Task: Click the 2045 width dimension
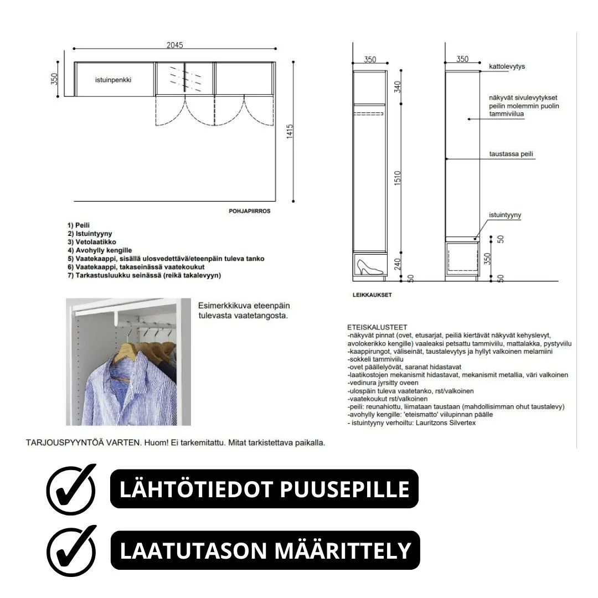coord(174,45)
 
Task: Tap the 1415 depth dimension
coord(290,132)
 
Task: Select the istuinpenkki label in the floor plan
coord(113,80)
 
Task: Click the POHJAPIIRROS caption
coord(249,211)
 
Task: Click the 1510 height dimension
coord(398,179)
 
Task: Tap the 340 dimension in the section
coord(398,87)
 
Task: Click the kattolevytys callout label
coord(507,66)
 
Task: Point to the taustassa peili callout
coord(511,154)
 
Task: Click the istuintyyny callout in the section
coord(504,215)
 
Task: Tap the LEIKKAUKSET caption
coord(372,295)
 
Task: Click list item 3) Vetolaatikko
coord(92,242)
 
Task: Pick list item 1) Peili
coord(79,225)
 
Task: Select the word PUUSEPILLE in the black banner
coord(343,489)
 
